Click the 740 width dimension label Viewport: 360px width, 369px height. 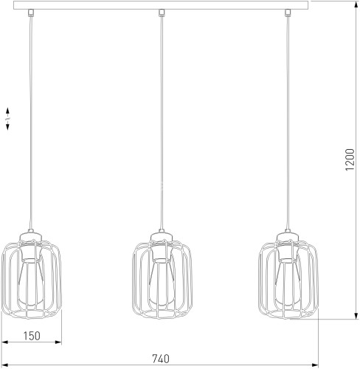(x=160, y=359)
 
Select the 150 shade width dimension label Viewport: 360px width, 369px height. (x=30, y=337)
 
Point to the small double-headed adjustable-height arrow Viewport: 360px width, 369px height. (x=7, y=120)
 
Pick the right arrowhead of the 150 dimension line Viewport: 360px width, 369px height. (x=59, y=344)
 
